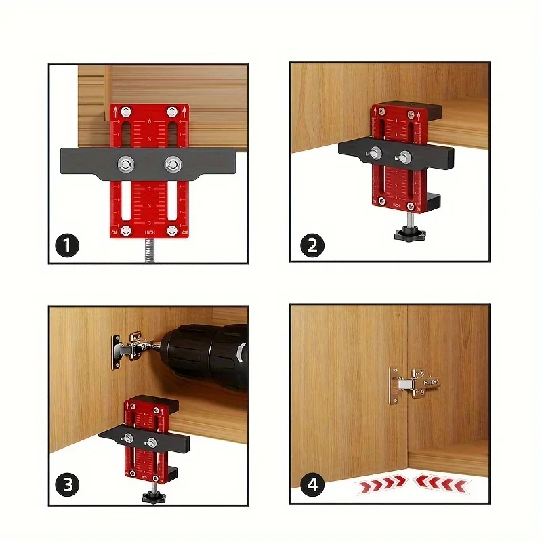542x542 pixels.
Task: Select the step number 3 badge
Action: point(68,486)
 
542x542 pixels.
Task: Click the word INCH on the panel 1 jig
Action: point(150,233)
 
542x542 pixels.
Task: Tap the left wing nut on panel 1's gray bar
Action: point(127,163)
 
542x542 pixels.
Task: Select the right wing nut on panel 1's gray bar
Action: point(173,163)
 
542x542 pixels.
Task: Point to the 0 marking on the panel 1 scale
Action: point(150,121)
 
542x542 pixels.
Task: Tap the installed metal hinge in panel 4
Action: point(410,384)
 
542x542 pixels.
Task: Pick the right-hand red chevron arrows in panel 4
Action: point(440,482)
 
